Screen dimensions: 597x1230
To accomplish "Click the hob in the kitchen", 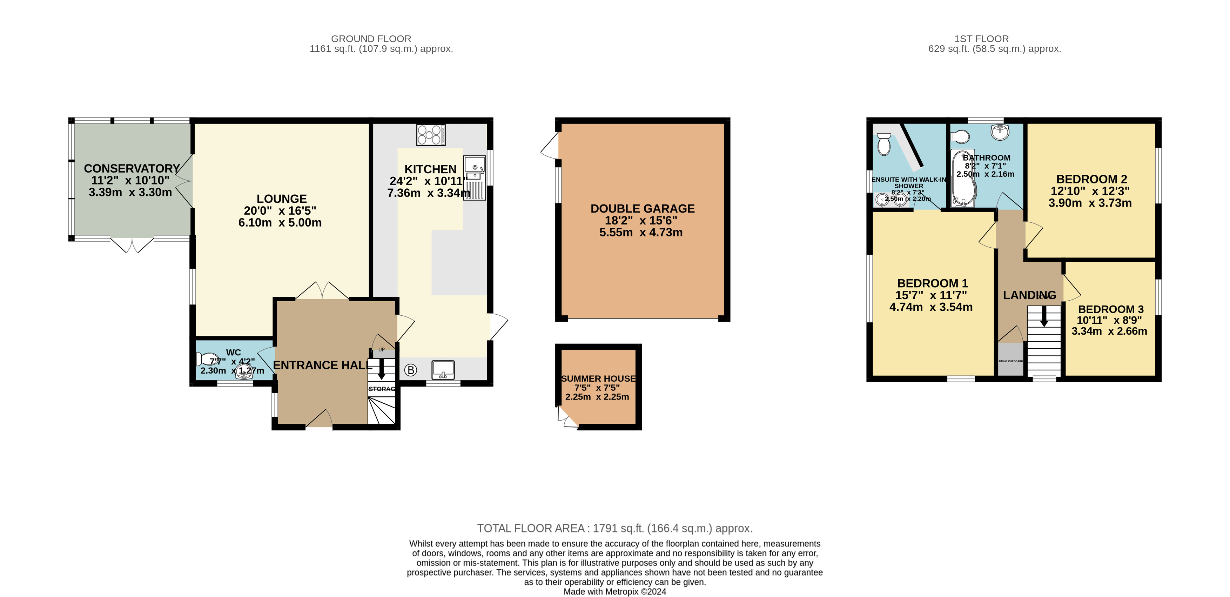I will (x=431, y=135).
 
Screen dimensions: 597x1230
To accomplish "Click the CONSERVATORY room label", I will (x=132, y=169).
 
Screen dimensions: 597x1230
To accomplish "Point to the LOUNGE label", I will (x=282, y=199).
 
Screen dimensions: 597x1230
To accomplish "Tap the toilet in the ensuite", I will (x=884, y=143).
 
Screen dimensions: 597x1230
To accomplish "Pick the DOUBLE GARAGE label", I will (x=642, y=209).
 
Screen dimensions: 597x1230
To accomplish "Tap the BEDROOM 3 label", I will (x=1111, y=309).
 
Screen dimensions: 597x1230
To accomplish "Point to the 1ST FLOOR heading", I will (x=981, y=39).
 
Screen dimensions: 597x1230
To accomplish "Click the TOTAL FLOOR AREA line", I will (x=614, y=528).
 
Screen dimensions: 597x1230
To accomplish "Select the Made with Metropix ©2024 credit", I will (x=614, y=592).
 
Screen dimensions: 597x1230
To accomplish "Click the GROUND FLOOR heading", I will (x=371, y=39).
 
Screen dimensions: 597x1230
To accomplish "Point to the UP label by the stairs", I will (x=382, y=350).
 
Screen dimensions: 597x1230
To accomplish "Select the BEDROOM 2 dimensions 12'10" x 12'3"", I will (x=1090, y=191).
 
